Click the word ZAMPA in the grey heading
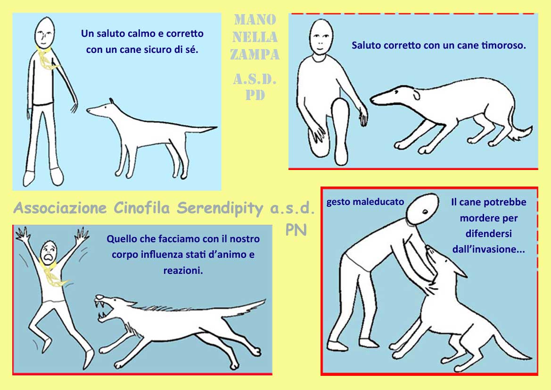[x=255, y=54]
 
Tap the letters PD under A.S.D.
[x=255, y=95]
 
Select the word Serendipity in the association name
[x=220, y=208]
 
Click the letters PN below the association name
[x=296, y=229]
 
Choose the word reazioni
[x=183, y=271]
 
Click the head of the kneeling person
[x=321, y=37]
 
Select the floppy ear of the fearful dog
[x=416, y=95]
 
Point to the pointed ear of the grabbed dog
[x=456, y=268]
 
